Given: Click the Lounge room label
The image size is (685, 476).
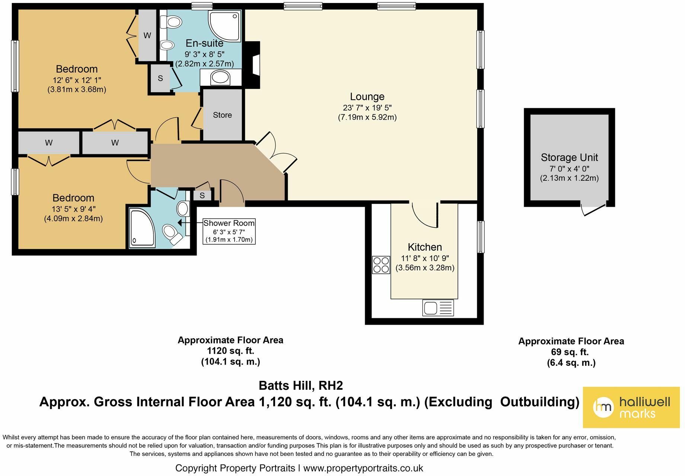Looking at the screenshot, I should pos(367,97).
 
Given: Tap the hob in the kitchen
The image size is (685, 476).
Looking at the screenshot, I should pos(381,265).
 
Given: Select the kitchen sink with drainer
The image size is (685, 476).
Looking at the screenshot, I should pos(438,308).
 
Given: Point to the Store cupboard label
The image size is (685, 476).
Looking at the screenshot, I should pos(222,115).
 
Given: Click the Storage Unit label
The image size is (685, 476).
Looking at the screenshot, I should pos(569,158).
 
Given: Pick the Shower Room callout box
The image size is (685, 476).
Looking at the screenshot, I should pos(229,231).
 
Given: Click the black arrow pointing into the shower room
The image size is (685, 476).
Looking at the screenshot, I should pos(180,223).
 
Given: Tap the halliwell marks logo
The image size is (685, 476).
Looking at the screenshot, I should pos(631,407).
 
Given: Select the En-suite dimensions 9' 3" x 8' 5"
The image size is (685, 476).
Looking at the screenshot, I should pos(204,54).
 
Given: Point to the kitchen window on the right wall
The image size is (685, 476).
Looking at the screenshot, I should pos(481,237).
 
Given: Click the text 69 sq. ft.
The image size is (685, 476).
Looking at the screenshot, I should pos(571,352).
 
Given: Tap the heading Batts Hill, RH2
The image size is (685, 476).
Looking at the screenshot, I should pos(300,386).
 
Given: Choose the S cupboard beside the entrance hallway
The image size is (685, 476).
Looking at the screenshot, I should pos(202,195).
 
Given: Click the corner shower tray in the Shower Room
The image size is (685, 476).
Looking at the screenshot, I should pos(142,228).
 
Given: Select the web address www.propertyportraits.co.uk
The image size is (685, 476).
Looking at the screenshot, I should pos(363,468).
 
